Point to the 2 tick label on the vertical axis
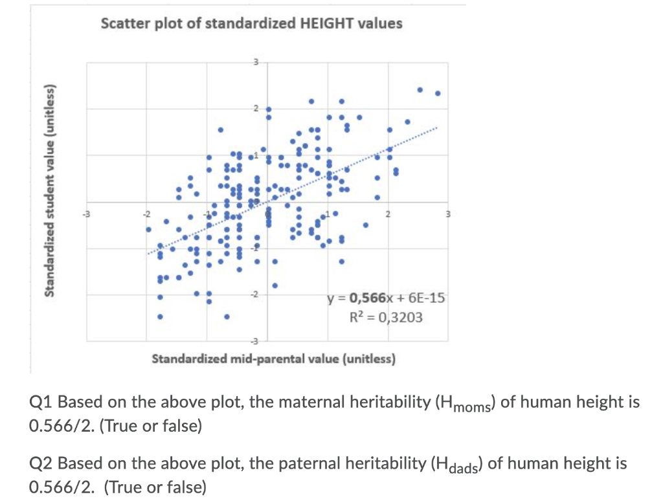click(x=256, y=108)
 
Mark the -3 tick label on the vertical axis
click(x=256, y=340)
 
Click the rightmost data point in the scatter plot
click(x=438, y=93)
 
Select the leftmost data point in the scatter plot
click(x=148, y=228)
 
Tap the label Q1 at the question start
click(x=41, y=402)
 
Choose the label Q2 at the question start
click(x=41, y=463)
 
